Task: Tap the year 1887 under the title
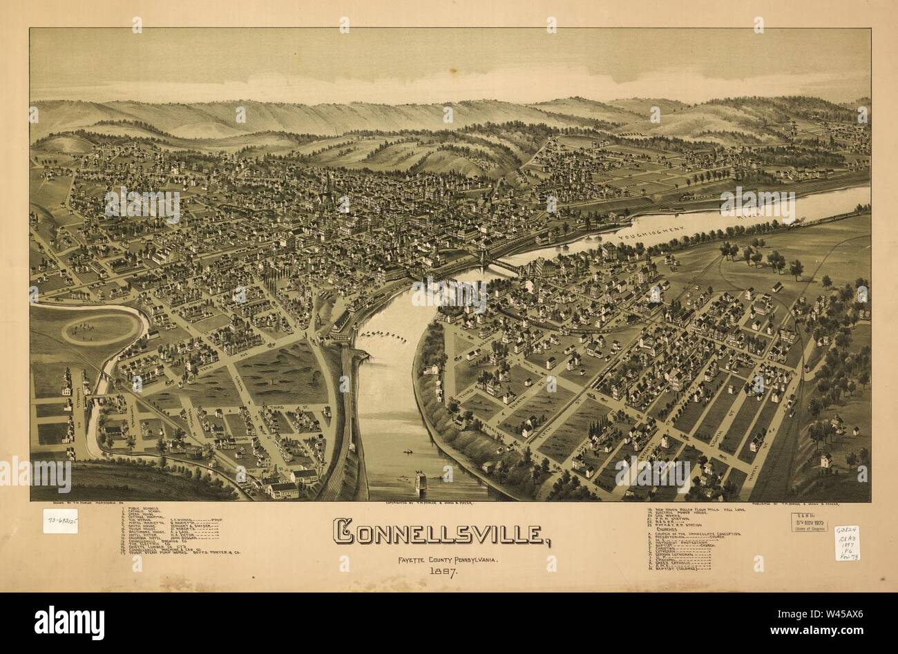tap(441, 571)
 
